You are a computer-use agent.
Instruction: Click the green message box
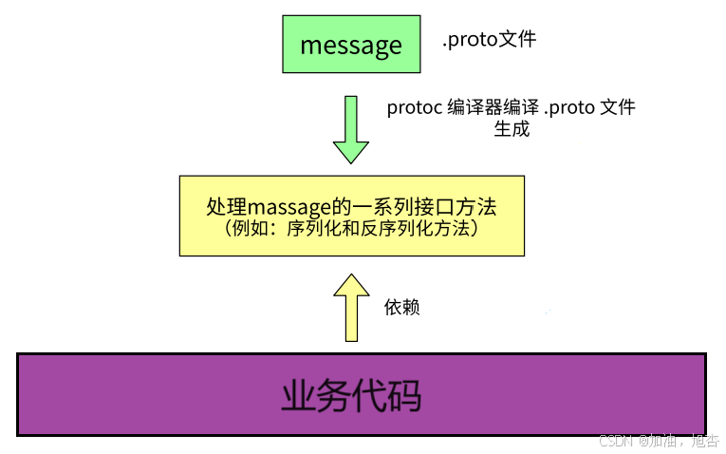[x=351, y=44]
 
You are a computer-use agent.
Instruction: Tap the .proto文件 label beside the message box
[x=490, y=39]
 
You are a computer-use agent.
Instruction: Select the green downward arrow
[x=351, y=130]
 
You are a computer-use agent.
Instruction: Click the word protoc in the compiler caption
[x=415, y=108]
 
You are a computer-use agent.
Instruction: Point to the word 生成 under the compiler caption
[x=512, y=129]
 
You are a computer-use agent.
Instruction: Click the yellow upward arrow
[x=351, y=308]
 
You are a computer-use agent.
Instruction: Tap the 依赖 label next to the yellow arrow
[x=401, y=307]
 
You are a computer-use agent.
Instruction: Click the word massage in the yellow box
[x=289, y=207]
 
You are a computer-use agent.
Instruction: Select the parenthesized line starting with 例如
[x=351, y=228]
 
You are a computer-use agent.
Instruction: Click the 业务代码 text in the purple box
[x=351, y=395]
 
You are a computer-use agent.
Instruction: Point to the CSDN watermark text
[x=659, y=441]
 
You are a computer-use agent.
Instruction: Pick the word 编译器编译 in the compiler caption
[x=493, y=108]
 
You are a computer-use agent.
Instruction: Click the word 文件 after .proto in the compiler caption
[x=617, y=108]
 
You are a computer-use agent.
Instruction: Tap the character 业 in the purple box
[x=299, y=395]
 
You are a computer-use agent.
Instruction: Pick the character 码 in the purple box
[x=404, y=395]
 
